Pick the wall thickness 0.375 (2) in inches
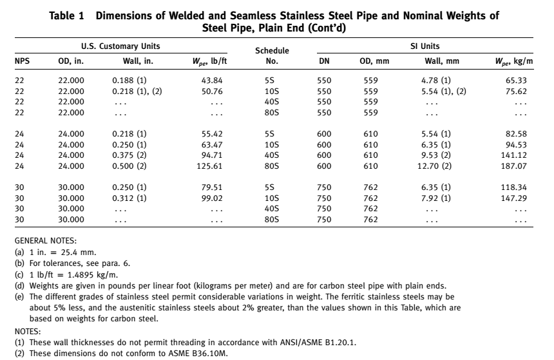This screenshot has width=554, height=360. [x=129, y=155]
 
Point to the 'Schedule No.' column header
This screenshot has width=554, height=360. [x=272, y=56]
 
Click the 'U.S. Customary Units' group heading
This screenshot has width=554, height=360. [x=120, y=46]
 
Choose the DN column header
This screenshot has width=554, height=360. [x=325, y=62]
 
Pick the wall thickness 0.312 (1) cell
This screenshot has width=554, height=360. [x=129, y=198]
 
